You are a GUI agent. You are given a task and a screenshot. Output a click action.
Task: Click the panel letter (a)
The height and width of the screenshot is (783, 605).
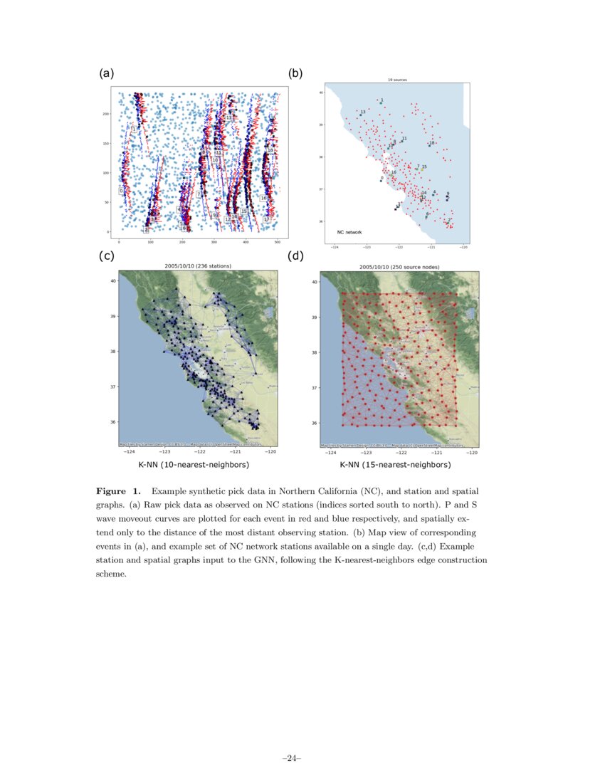click(x=106, y=73)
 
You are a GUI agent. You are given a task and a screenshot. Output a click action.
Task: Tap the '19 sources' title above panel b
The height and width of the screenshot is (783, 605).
click(x=397, y=80)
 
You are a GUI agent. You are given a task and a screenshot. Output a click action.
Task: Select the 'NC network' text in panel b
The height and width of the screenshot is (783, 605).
click(x=349, y=232)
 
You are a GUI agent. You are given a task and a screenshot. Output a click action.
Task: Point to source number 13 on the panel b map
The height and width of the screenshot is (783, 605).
click(x=363, y=112)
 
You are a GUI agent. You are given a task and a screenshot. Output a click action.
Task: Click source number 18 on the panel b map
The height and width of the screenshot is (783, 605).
click(x=431, y=143)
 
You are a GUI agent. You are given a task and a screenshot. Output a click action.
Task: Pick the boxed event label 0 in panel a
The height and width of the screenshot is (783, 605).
click(x=121, y=191)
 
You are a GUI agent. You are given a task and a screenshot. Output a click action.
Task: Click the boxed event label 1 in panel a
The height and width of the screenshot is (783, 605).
click(x=134, y=129)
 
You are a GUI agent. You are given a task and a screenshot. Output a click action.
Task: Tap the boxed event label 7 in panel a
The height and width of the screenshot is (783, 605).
click(x=199, y=194)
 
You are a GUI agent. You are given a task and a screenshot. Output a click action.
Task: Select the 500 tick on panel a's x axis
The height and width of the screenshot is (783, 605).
click(x=277, y=243)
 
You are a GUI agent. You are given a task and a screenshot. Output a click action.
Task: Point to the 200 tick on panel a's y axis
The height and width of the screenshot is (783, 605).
click(x=107, y=114)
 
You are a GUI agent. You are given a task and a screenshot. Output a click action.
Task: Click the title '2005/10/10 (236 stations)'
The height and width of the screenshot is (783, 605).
click(x=198, y=266)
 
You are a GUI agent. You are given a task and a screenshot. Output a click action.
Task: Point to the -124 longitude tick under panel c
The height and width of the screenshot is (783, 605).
click(x=130, y=452)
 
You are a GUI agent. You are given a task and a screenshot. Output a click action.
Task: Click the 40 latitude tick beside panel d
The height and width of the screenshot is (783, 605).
click(x=315, y=282)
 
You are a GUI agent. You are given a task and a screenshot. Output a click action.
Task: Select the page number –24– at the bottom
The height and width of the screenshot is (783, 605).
click(x=292, y=759)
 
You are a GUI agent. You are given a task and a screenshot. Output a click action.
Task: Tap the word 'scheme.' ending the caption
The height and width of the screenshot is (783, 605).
click(x=111, y=574)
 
